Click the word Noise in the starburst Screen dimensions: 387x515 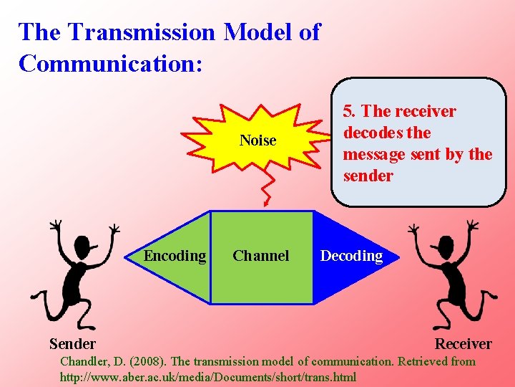[x=257, y=140]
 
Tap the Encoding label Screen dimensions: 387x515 [x=175, y=256]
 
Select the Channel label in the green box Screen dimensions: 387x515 [x=261, y=256]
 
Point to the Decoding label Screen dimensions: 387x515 [x=351, y=256]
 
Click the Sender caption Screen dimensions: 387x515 [x=72, y=344]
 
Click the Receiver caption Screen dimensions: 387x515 [x=463, y=344]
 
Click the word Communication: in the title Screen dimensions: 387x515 [x=111, y=63]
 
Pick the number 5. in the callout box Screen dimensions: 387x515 [x=350, y=111]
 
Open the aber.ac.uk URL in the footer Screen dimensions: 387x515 [x=207, y=377]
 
